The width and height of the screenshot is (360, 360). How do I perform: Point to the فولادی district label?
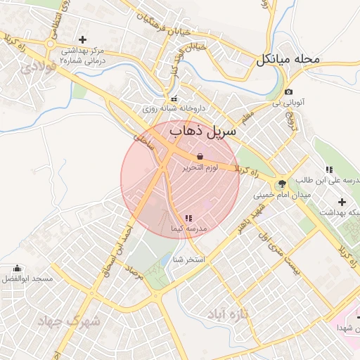tap(37, 67)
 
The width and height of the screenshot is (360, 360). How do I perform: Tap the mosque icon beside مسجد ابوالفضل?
tap(18, 269)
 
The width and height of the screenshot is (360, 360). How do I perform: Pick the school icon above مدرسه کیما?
tap(188, 219)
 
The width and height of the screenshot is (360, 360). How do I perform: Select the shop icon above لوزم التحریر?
tap(200, 156)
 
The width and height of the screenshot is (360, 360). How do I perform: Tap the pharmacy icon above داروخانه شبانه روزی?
tap(174, 98)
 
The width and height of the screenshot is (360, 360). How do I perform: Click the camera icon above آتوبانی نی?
tap(288, 92)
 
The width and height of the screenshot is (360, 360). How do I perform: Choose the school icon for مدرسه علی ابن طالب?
tap(329, 169)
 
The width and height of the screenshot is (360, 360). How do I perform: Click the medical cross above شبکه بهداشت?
tap(342, 202)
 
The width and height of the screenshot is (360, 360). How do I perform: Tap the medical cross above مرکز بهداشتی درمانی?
tap(83, 39)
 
